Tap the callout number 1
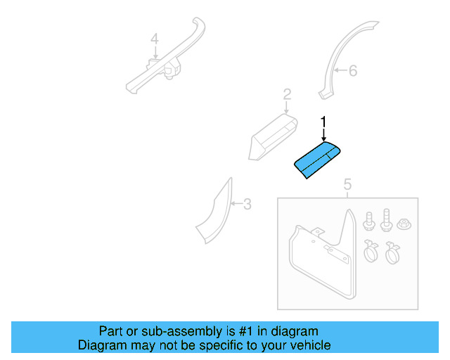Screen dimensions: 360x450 tap(323, 122)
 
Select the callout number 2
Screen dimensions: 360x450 tap(287, 94)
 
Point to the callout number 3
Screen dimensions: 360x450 tap(247, 205)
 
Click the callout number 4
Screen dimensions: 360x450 tap(155, 39)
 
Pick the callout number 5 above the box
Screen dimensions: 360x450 tap(347, 185)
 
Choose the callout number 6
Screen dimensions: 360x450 tap(353, 70)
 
